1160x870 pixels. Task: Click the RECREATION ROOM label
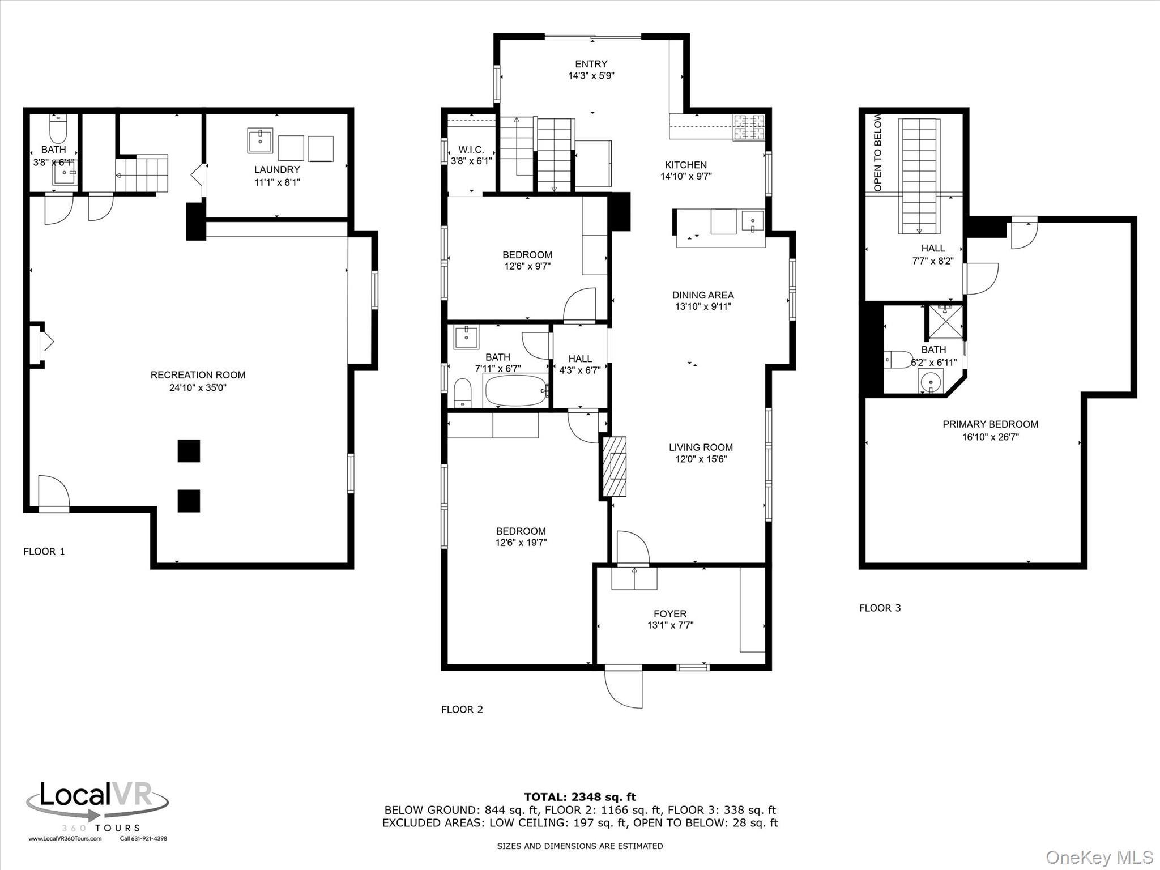(x=198, y=375)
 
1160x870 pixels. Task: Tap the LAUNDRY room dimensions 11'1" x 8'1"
(x=277, y=182)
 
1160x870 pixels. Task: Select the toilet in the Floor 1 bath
(x=58, y=130)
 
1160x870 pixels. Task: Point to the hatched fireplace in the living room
(x=615, y=466)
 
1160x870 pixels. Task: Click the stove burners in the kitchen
(x=749, y=127)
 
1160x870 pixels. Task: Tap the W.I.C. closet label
(x=471, y=150)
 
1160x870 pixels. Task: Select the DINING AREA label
(x=703, y=295)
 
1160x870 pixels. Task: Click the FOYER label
(x=670, y=613)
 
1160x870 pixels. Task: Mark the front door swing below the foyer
(x=624, y=688)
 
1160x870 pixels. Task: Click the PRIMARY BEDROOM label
(x=990, y=424)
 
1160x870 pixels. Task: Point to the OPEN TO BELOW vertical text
(x=878, y=153)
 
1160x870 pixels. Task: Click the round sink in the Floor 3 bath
(x=931, y=382)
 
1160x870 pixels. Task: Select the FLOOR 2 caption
(x=462, y=709)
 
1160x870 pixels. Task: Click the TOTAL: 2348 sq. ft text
(x=580, y=797)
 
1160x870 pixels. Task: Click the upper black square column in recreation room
(x=189, y=451)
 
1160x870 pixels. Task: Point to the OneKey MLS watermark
(x=1099, y=857)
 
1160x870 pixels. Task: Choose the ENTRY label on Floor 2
(x=591, y=64)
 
